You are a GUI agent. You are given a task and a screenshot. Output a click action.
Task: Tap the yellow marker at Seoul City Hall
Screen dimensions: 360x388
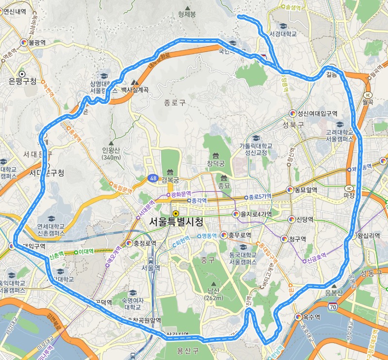pyautogui.click(x=175, y=213)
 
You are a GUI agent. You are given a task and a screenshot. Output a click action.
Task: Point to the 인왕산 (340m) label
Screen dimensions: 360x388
pyautogui.click(x=111, y=153)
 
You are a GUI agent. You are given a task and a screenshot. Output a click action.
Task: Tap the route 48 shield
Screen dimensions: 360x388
pyautogui.click(x=153, y=178)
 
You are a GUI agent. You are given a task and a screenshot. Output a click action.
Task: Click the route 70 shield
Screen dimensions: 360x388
pyautogui.click(x=332, y=307)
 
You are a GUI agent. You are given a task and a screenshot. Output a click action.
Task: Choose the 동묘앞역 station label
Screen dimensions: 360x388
pyautogui.click(x=305, y=190)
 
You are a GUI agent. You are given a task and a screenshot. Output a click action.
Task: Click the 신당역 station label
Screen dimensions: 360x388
pyautogui.click(x=305, y=219)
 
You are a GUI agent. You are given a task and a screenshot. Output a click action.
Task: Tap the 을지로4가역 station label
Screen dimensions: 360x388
pyautogui.click(x=255, y=214)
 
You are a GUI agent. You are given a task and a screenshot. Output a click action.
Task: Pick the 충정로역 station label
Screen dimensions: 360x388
pyautogui.click(x=144, y=243)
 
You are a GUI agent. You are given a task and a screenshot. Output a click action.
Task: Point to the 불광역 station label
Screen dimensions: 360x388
pyautogui.click(x=37, y=43)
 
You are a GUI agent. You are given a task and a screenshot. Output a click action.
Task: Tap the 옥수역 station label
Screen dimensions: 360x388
pyautogui.click(x=311, y=317)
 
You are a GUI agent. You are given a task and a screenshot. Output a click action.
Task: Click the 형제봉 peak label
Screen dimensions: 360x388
pyautogui.click(x=187, y=15)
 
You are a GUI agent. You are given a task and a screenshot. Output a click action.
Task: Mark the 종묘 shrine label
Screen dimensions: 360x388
pyautogui.click(x=224, y=185)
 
